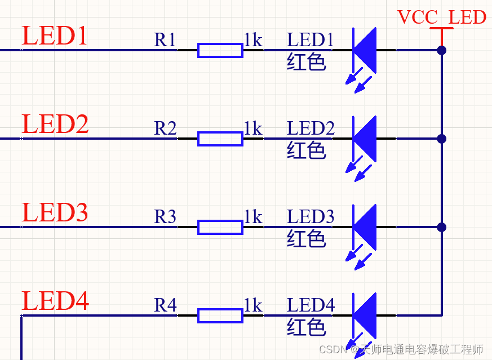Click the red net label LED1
pos(55,36)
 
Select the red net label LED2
pos(55,125)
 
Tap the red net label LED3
pos(55,213)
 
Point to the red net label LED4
pos(55,301)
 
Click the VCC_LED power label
pos(441,17)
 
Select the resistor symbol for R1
pos(220,50)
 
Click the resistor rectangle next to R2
pos(220,139)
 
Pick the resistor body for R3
pos(220,227)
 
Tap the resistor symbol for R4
pos(220,315)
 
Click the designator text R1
pos(165,40)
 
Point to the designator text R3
pos(165,217)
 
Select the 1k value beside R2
pos(253,128)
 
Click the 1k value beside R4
pos(253,305)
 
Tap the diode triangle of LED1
pos(366,50)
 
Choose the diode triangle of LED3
pos(366,227)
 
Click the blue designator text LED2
pos(311,128)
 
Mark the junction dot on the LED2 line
pos(442,139)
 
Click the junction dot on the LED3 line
pos(442,227)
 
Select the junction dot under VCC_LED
pos(442,50)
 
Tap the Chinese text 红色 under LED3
pos(307,239)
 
